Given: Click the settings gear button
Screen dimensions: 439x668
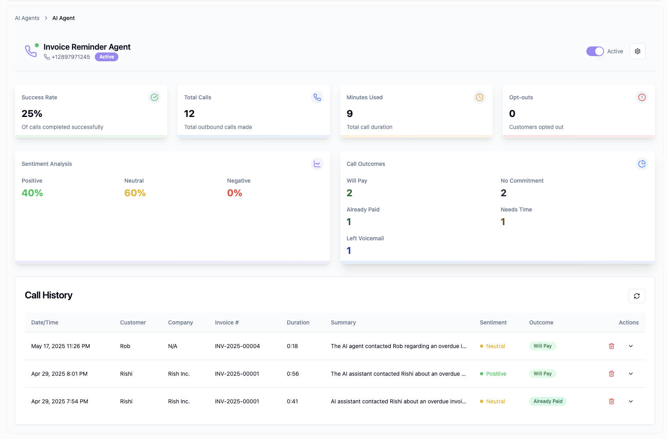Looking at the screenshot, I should [637, 51].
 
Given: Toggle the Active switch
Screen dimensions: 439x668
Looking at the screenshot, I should [595, 51].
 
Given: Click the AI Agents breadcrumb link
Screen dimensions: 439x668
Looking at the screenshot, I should [27, 18].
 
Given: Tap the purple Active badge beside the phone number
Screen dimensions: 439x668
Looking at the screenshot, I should [106, 57].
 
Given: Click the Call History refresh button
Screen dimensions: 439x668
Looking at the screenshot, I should [636, 296].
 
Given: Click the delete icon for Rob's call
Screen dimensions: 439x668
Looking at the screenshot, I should [611, 346].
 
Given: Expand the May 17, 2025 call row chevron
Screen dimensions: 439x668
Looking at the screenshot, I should [630, 346].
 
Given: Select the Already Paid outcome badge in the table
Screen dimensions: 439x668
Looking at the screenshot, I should [548, 401].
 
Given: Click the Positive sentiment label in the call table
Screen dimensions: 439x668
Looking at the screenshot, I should [496, 374].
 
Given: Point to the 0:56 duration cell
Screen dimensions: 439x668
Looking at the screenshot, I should [293, 374].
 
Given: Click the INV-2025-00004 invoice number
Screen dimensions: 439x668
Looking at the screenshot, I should [237, 346].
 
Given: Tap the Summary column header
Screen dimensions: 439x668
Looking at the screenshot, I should [343, 322].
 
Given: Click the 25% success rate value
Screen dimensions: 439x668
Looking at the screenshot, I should [32, 114].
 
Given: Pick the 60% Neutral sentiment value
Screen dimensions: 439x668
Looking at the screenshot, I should [135, 193].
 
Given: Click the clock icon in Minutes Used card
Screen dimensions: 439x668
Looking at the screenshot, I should [479, 97].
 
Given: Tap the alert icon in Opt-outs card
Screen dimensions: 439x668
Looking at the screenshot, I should [642, 97].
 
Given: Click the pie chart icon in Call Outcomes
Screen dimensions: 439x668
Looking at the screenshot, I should [642, 164].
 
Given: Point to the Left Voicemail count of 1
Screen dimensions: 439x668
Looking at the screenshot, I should [349, 251].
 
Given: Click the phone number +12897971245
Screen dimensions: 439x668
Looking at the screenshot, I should [71, 57].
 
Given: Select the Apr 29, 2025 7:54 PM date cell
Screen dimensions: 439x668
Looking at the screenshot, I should [60, 401].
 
